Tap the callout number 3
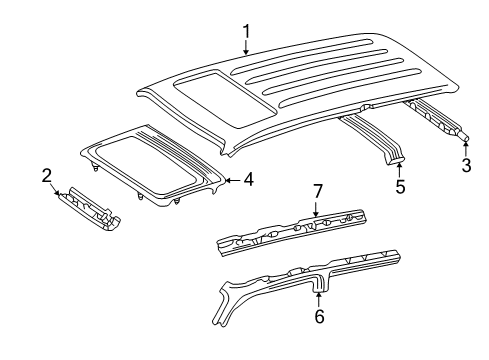465,165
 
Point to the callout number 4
249,181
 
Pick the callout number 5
398,185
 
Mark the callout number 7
317,191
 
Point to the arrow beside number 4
233,181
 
